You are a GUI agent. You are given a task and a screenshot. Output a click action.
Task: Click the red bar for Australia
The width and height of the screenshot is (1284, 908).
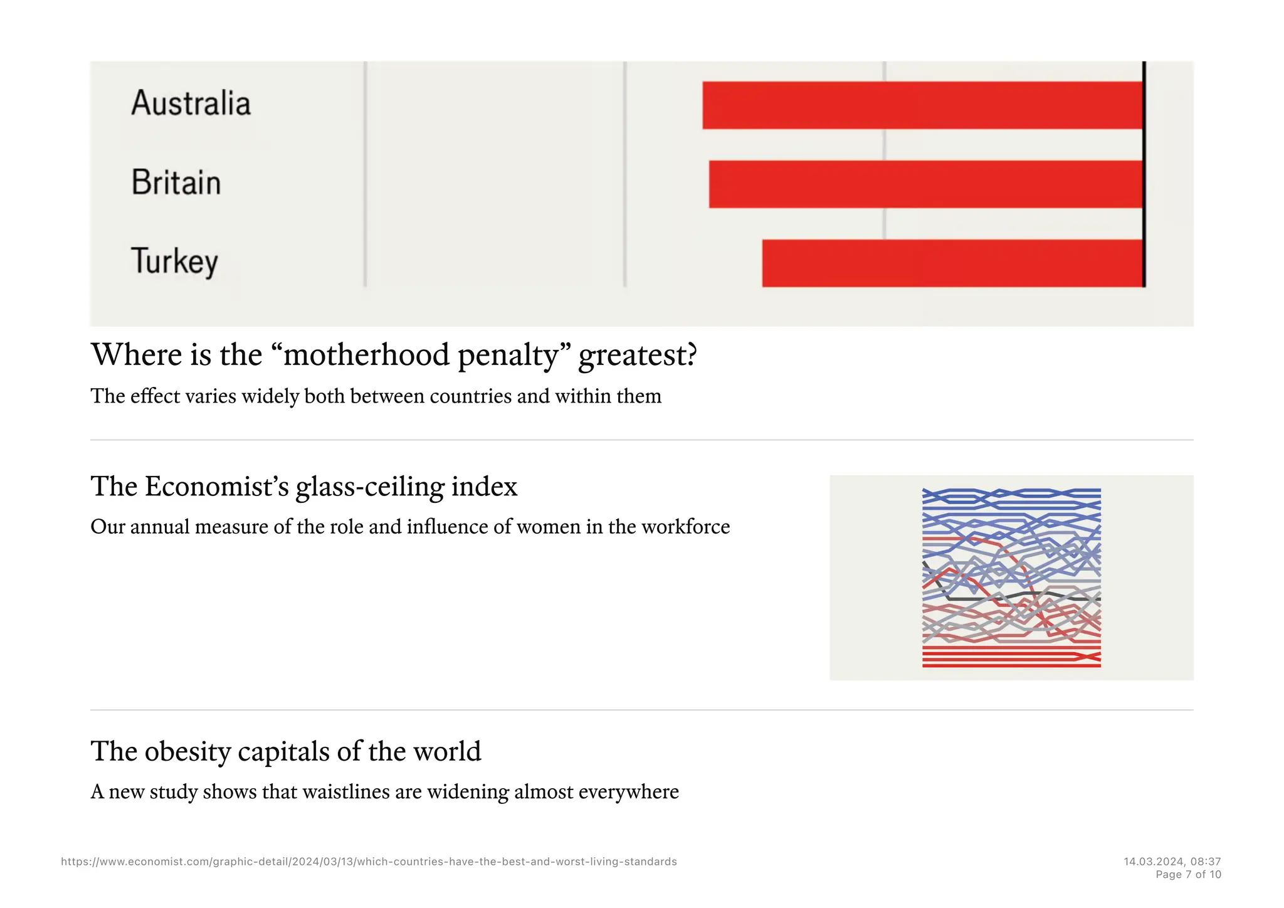click(x=922, y=105)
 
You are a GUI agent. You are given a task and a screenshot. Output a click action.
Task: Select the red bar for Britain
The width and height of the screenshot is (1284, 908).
click(x=925, y=184)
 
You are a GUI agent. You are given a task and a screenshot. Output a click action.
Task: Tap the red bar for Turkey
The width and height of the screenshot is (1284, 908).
click(x=952, y=263)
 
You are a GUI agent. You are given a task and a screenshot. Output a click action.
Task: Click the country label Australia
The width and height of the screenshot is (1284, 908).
click(x=191, y=103)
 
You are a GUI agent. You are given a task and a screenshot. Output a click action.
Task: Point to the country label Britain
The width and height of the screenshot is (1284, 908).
click(x=176, y=183)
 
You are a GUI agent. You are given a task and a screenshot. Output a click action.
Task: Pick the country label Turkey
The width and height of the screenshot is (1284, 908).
click(x=174, y=261)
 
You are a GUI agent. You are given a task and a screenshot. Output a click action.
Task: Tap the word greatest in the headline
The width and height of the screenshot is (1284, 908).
click(x=637, y=355)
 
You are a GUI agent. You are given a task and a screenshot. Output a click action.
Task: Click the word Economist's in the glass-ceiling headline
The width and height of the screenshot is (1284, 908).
click(x=217, y=487)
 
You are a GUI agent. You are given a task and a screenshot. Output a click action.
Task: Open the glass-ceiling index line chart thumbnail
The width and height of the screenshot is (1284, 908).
click(x=1011, y=578)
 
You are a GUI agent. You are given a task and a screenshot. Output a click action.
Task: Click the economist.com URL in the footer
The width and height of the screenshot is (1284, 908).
click(x=369, y=862)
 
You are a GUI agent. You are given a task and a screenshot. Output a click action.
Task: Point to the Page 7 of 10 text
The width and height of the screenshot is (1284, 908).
click(x=1188, y=875)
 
